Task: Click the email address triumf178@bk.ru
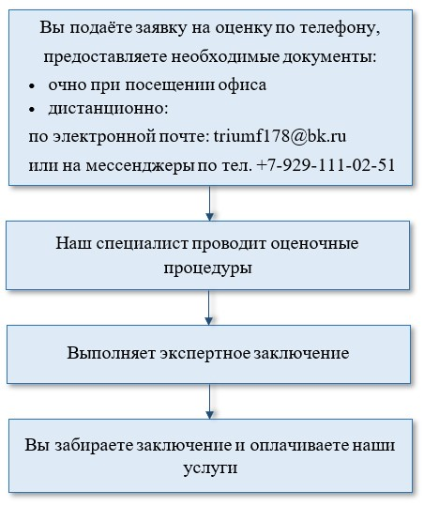point(280,136)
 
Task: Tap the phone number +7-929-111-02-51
point(326,165)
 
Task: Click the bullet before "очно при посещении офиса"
point(32,86)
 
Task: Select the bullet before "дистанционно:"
point(32,110)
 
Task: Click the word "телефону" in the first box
point(340,28)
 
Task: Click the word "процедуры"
point(207,268)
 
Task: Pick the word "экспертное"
point(205,354)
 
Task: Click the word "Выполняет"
point(112,353)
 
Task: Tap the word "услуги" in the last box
point(210,468)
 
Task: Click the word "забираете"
point(95,445)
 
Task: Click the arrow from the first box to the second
point(209,204)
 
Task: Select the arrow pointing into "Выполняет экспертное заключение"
point(208,308)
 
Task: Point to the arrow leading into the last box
point(209,402)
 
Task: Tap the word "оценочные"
point(314,244)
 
